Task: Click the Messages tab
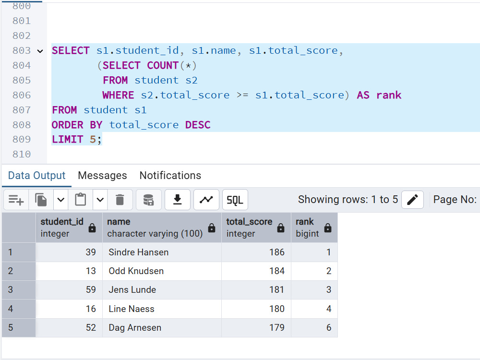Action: click(x=102, y=175)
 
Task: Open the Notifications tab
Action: click(x=170, y=175)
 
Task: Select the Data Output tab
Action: click(x=37, y=175)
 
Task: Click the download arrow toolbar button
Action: click(x=178, y=200)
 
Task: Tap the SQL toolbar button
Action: click(x=235, y=200)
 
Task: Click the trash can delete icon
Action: click(x=120, y=200)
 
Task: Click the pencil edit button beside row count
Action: click(x=412, y=200)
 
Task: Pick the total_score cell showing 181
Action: click(x=256, y=289)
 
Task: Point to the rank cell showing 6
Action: click(x=314, y=327)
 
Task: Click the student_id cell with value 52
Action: click(x=69, y=327)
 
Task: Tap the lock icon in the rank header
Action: click(x=328, y=228)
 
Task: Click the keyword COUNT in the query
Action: click(x=163, y=65)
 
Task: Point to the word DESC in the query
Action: click(x=198, y=125)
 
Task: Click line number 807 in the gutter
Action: click(x=22, y=110)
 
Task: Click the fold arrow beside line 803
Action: click(x=40, y=51)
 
